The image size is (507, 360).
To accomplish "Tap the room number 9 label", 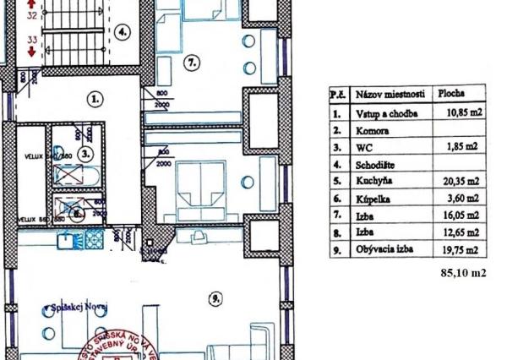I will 215,297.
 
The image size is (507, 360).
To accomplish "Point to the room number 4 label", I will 123,34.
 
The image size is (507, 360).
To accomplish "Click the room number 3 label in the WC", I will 84,155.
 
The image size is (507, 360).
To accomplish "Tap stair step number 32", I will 32,15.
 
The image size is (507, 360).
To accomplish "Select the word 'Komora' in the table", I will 373,129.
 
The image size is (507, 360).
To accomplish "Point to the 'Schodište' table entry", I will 376,164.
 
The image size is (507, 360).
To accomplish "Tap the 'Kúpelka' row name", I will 373,198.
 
